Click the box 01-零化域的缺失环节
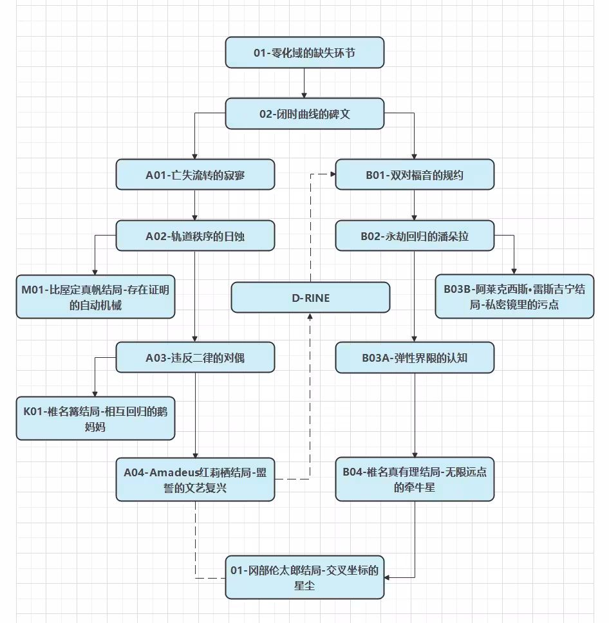[x=304, y=52]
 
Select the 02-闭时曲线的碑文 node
[x=304, y=114]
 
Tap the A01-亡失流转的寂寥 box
[x=195, y=175]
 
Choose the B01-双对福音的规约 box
[x=415, y=175]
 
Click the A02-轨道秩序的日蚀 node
[x=195, y=236]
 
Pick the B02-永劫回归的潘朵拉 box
[x=415, y=236]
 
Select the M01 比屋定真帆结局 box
[x=95, y=297]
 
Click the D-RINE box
[x=310, y=297]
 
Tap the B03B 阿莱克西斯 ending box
[x=514, y=297]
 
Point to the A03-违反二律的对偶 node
[x=195, y=357]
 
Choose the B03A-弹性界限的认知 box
[x=415, y=358]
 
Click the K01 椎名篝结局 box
[x=95, y=418]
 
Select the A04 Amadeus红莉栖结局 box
[x=195, y=479]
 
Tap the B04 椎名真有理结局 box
[x=415, y=479]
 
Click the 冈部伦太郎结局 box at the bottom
[x=304, y=577]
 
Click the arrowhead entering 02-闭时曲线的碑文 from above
[x=304, y=95]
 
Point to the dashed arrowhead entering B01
[x=333, y=174]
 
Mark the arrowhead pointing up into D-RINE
[x=310, y=316]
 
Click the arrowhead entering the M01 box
[x=95, y=272]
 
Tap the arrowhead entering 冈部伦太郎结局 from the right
[x=387, y=577]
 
